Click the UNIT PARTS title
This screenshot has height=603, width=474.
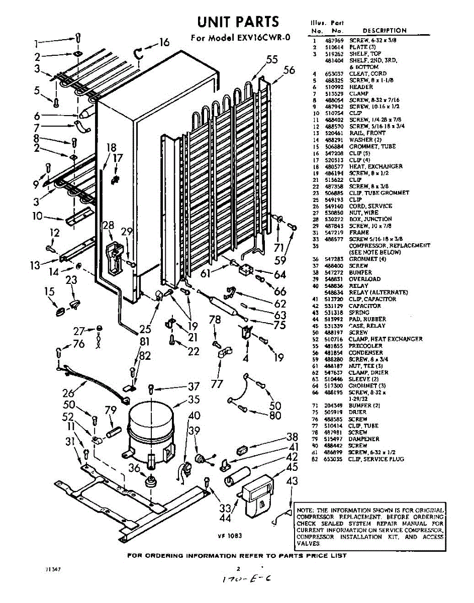point(238,22)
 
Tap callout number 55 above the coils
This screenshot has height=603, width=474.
point(272,60)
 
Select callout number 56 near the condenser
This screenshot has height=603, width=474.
point(289,70)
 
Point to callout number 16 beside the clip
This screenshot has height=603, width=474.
point(164,43)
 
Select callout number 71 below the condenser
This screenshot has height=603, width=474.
point(279,247)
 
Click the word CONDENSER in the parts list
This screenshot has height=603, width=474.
point(365,353)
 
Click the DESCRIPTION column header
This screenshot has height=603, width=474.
point(385,31)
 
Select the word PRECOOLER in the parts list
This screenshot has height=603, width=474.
point(365,346)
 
